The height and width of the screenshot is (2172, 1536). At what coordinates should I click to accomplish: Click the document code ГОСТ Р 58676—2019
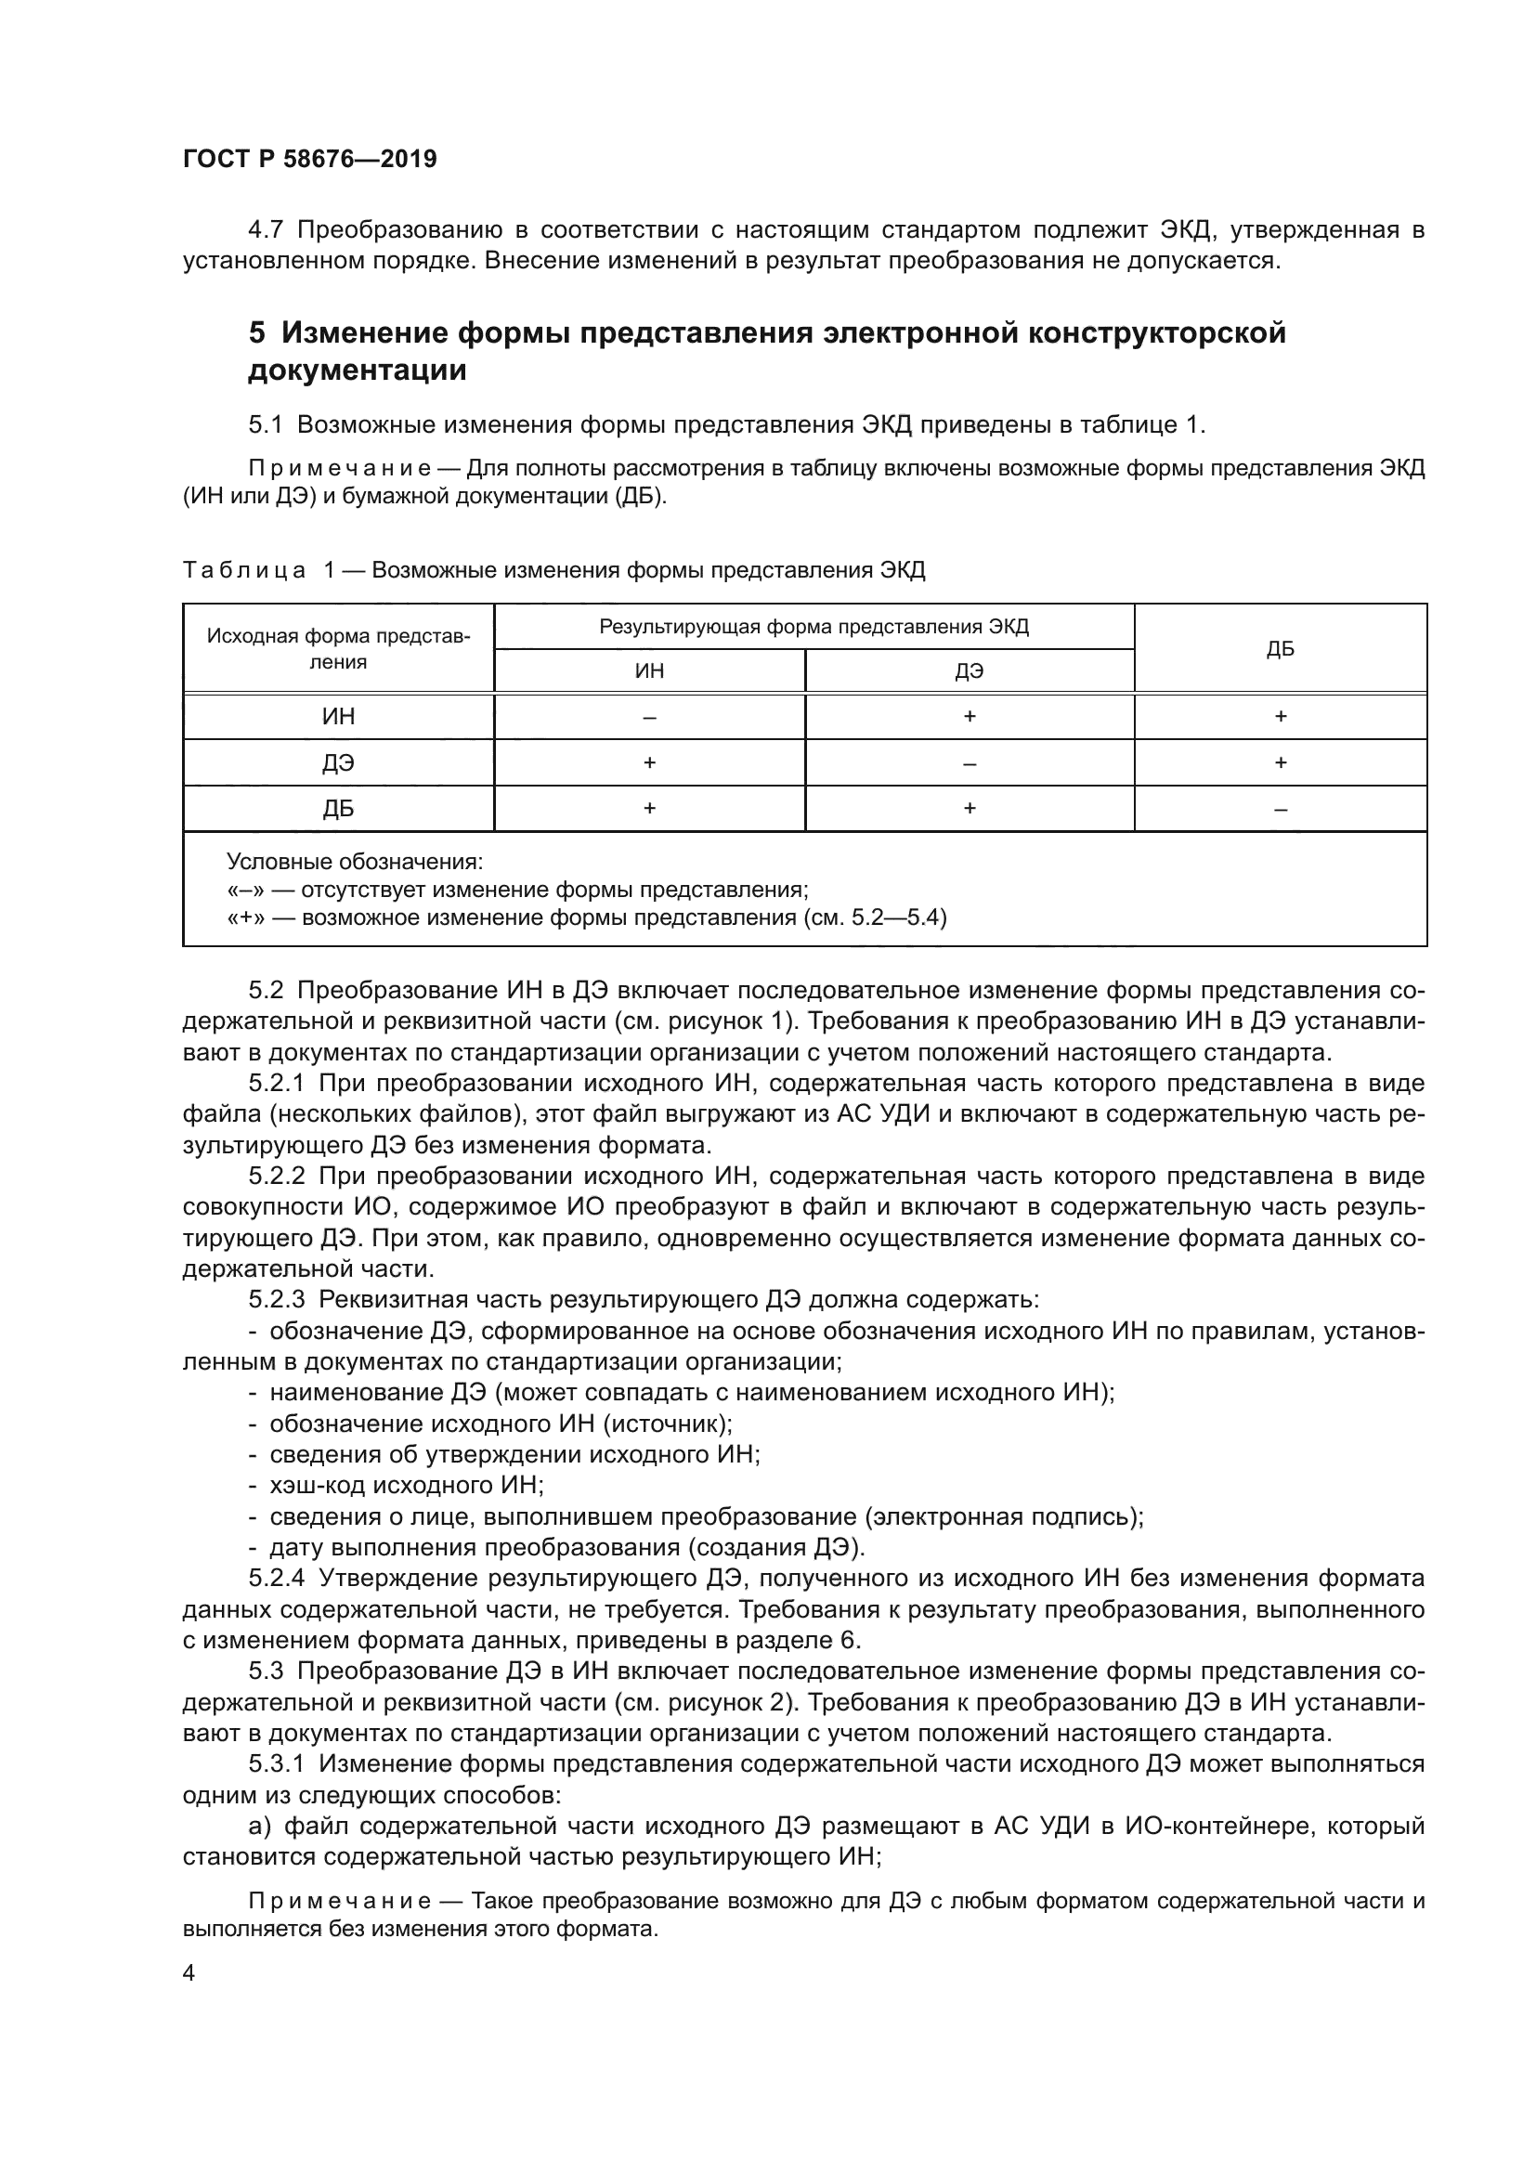[309, 159]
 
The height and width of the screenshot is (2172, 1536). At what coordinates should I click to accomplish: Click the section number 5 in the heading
[256, 333]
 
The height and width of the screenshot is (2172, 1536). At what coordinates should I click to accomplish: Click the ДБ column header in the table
[1280, 649]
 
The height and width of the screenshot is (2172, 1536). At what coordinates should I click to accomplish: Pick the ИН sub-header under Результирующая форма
[649, 671]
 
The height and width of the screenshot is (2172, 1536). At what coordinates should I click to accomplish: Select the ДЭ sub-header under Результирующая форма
[969, 671]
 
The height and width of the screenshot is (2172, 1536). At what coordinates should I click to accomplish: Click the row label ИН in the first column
[339, 717]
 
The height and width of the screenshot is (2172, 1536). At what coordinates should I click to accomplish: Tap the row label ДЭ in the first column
[339, 762]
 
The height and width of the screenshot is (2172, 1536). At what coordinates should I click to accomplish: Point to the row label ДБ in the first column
[339, 809]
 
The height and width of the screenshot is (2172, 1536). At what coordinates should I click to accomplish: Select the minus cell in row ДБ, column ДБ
[1280, 810]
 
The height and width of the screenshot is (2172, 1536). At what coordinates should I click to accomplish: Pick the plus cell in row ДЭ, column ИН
[649, 762]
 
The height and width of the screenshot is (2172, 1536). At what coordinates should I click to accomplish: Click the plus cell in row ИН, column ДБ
[1280, 717]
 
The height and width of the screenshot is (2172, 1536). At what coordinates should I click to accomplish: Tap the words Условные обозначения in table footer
[355, 862]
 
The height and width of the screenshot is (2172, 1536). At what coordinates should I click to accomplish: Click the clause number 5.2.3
[276, 1300]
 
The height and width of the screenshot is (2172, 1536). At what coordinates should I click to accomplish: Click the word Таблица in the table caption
[244, 570]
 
